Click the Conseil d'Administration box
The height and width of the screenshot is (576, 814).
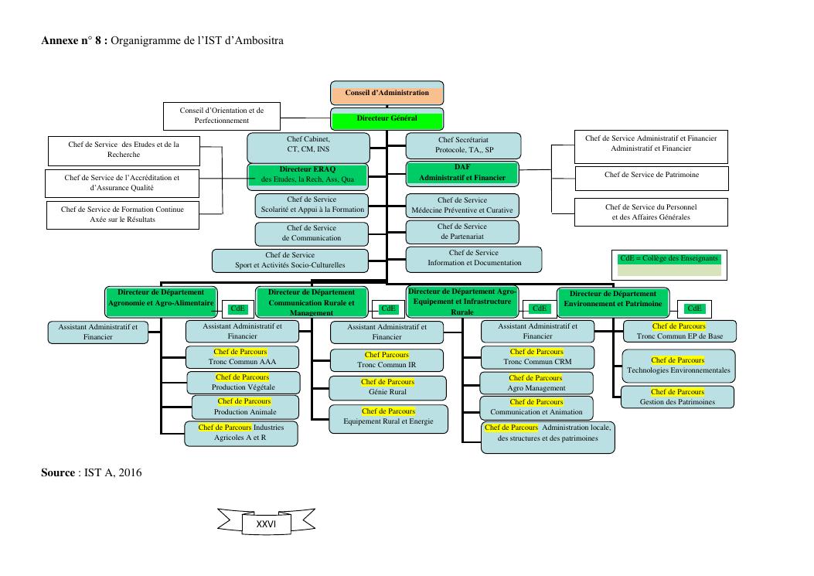tap(387, 93)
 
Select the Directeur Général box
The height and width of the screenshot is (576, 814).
tap(387, 119)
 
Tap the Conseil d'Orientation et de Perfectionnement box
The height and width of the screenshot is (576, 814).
tap(222, 116)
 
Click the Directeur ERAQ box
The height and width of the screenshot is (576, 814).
tap(307, 174)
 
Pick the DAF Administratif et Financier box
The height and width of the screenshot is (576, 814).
tap(462, 173)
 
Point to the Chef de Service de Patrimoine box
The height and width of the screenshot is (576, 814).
tap(651, 176)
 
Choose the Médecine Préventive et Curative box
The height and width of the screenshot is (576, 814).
tap(462, 206)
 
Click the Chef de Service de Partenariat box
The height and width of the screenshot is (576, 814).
tap(462, 231)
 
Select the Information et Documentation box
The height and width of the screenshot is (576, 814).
tap(474, 258)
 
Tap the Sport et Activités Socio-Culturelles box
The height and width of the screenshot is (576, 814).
tap(290, 260)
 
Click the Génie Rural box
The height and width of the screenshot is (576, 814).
tap(387, 387)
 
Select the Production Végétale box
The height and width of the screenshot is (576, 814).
tap(244, 382)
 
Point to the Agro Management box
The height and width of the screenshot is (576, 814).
tap(536, 383)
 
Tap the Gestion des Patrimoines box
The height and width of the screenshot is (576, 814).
tap(677, 397)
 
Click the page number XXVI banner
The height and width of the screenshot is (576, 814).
tap(265, 523)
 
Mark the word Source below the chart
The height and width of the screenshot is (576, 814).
tap(58, 472)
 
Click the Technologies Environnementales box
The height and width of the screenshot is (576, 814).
tap(678, 366)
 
